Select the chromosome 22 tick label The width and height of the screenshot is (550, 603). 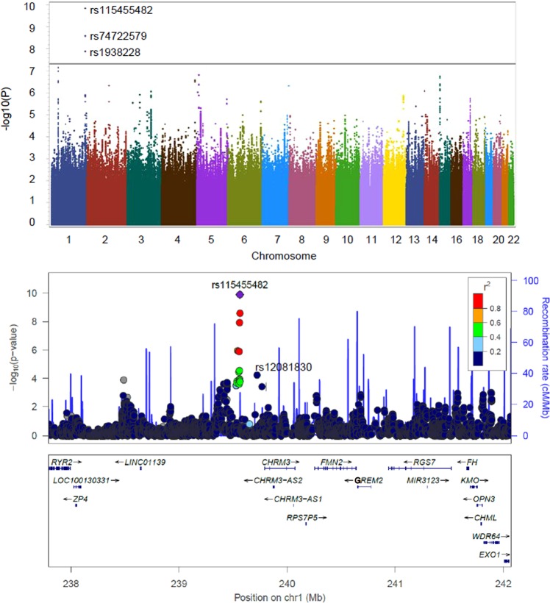[508, 240]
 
